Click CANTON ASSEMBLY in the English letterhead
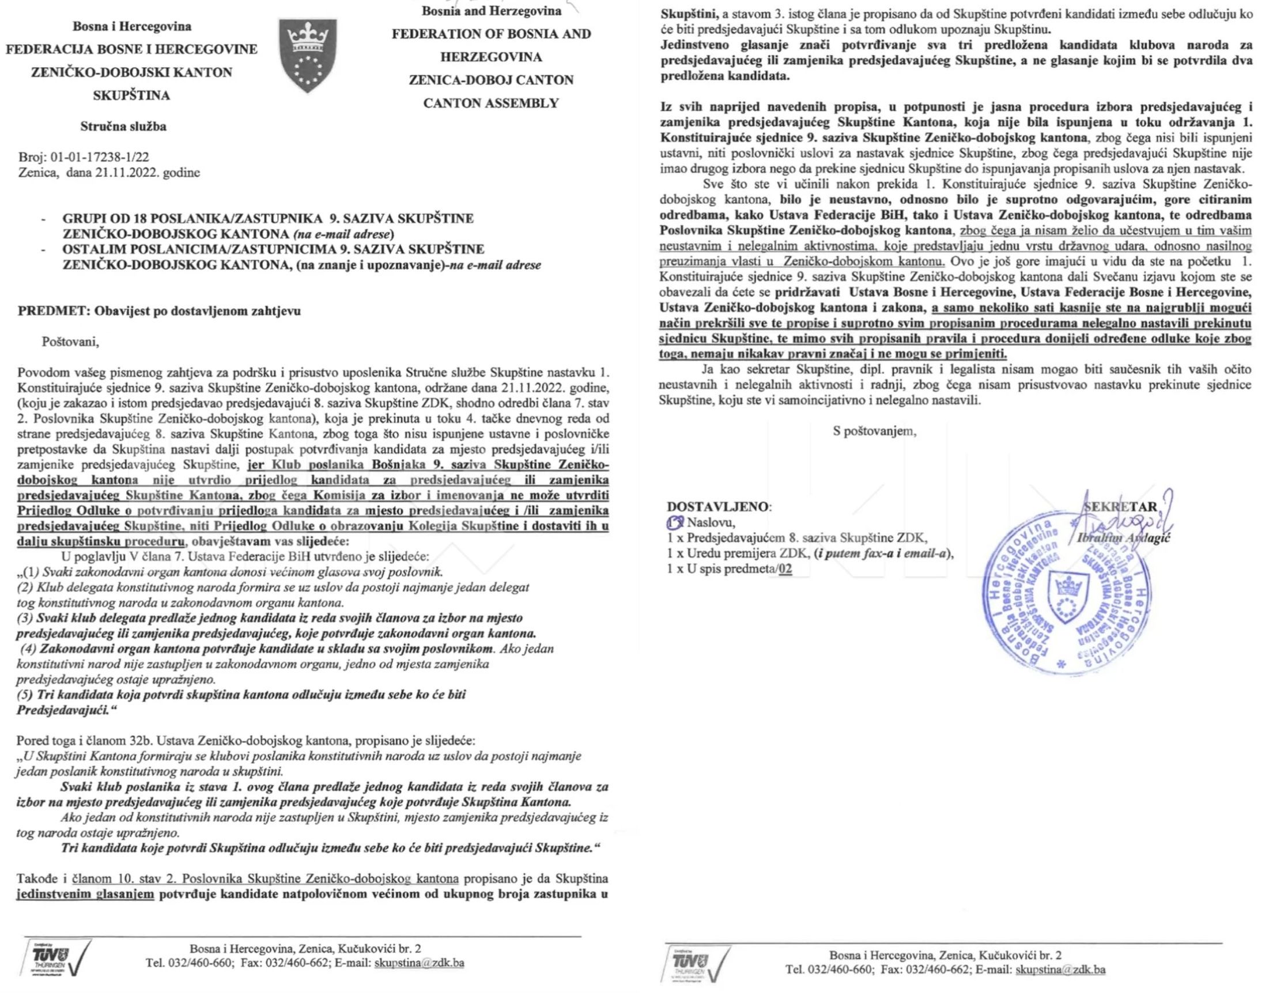click(x=491, y=103)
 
